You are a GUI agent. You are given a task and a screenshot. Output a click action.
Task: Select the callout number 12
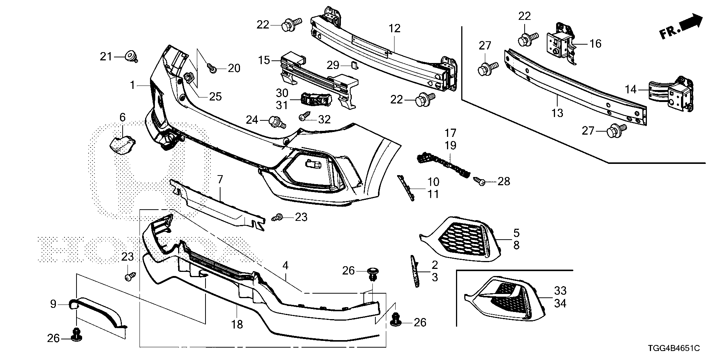tap(394, 28)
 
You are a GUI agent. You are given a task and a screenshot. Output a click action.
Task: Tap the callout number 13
tap(558, 112)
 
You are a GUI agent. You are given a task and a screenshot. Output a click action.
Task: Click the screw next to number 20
tap(213, 68)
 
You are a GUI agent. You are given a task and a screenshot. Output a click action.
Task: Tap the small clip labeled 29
tap(355, 66)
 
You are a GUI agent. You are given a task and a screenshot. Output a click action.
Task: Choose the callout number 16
tap(595, 44)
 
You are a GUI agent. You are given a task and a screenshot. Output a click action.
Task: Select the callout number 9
tap(53, 304)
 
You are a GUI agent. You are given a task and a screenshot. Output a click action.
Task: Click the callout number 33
tap(560, 291)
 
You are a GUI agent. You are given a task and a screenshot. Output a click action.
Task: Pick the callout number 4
tap(286, 266)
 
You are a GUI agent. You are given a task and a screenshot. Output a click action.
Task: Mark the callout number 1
tap(132, 85)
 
